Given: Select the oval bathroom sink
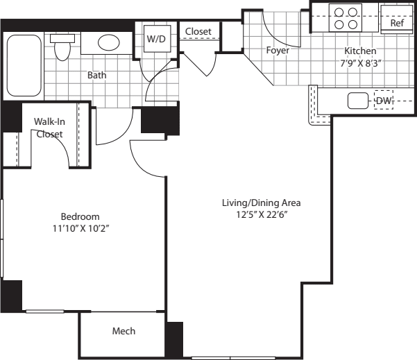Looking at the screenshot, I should (x=108, y=43).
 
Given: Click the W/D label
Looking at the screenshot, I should (x=155, y=39).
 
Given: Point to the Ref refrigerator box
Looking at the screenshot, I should (x=396, y=23).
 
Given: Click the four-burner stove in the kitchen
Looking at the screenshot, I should (x=346, y=18).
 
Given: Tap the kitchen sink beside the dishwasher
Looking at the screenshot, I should (x=357, y=101).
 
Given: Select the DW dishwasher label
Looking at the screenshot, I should (x=384, y=101).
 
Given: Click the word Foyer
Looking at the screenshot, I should (x=278, y=50).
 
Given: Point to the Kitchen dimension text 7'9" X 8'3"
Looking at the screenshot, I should (x=360, y=63).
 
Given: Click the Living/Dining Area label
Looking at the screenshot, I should (x=261, y=203).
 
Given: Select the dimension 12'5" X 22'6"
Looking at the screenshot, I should (x=261, y=214).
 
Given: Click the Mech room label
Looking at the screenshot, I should (x=124, y=331).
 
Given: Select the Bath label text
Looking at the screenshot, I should (x=96, y=75).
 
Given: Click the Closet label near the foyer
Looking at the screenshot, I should (x=198, y=31).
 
